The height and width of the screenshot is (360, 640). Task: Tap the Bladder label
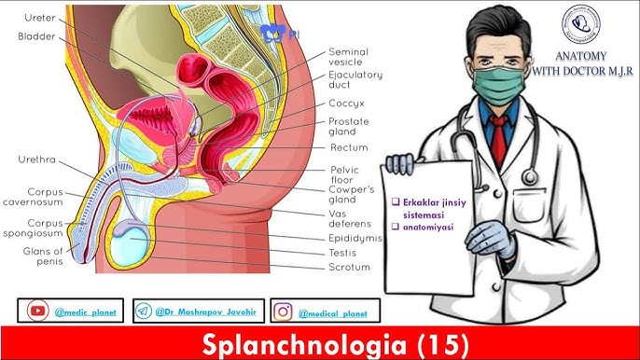point(35,36)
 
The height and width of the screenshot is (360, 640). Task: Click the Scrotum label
point(349,267)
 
